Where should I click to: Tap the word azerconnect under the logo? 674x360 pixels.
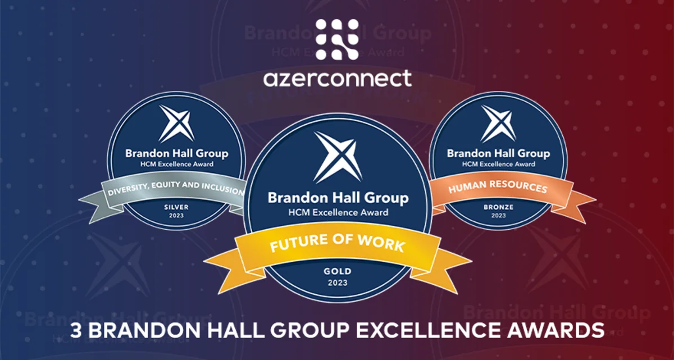[x=337, y=78]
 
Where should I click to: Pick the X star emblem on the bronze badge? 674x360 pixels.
[x=498, y=124]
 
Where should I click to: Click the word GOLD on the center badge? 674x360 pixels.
[x=338, y=271]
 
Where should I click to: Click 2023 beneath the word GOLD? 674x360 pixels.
[x=338, y=282]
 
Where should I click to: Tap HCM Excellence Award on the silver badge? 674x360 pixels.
[x=177, y=164]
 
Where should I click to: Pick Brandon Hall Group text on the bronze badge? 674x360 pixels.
[x=498, y=153]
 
